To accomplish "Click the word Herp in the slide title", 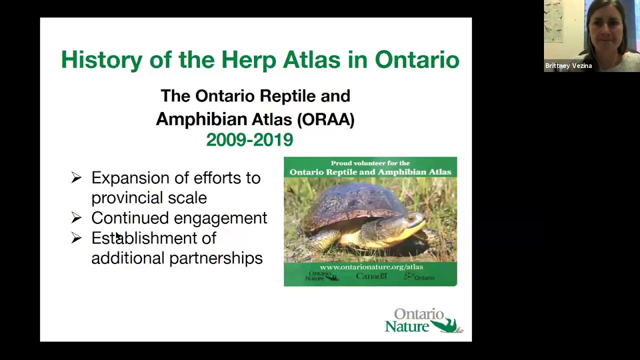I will [248, 60].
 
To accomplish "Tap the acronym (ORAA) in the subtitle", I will [325, 119].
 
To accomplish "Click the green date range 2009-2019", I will [249, 140].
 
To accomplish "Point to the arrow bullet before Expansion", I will [76, 177].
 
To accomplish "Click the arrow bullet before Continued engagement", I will [76, 218].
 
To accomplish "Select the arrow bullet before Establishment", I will [76, 238].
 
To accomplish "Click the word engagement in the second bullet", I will [220, 218].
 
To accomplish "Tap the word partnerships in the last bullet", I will [215, 258].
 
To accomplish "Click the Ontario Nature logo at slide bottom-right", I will [423, 321].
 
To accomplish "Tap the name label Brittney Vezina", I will [568, 66].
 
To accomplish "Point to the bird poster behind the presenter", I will [554, 22].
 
